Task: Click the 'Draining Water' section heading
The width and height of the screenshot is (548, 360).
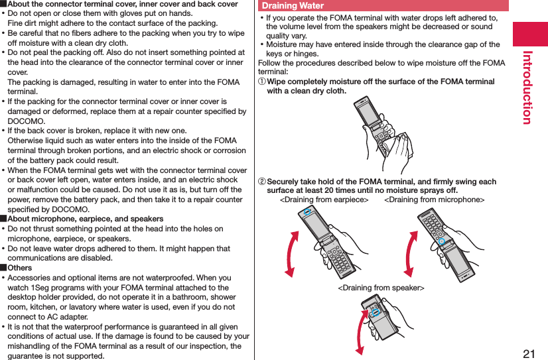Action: click(293, 6)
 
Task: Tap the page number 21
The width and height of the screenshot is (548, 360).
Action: click(528, 353)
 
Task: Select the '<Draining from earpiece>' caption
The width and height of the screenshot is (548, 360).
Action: click(324, 200)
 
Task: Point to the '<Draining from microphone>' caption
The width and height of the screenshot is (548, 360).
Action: click(434, 200)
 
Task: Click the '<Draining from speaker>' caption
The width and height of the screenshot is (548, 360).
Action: click(381, 287)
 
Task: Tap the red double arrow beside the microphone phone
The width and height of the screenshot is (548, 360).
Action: click(409, 251)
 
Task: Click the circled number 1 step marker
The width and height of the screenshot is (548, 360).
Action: click(261, 82)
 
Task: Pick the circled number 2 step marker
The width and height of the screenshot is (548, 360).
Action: click(261, 182)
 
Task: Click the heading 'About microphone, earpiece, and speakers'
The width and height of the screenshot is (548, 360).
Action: click(85, 219)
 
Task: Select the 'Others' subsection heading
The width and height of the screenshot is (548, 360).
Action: click(19, 268)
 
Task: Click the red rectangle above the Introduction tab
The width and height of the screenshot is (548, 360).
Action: click(529, 33)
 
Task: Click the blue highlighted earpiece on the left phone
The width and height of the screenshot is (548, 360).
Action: click(307, 212)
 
